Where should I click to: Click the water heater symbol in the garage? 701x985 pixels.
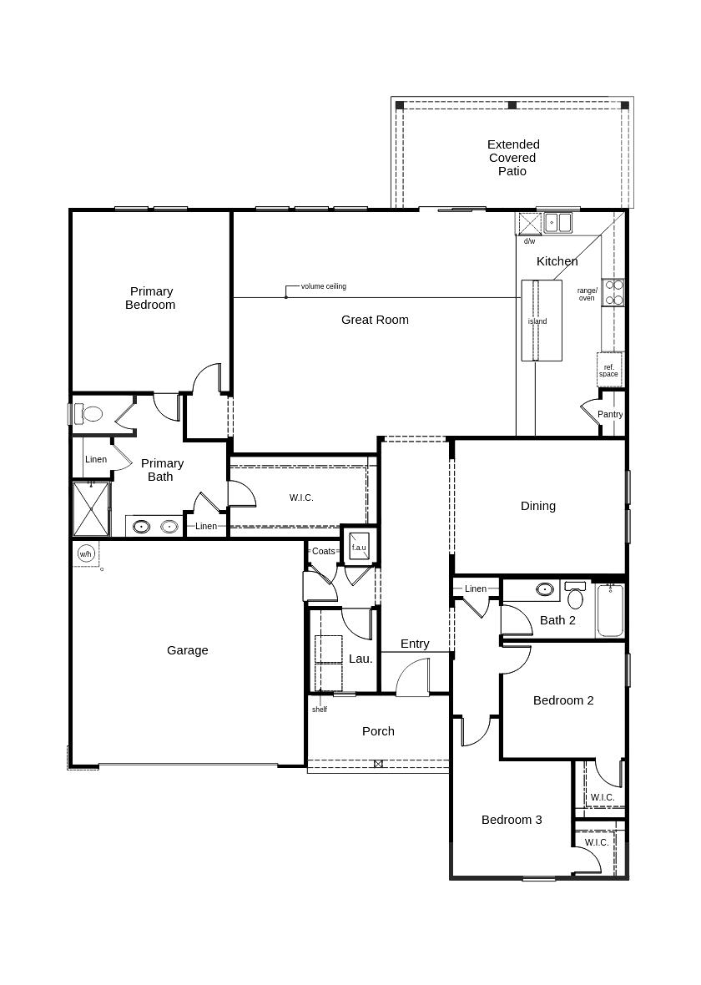tap(86, 553)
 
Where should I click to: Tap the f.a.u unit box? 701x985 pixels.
tap(360, 544)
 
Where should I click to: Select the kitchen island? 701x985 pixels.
tap(542, 321)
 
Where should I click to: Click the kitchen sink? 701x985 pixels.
tap(557, 222)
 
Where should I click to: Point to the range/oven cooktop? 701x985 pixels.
tap(613, 292)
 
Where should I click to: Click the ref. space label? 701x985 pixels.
tap(608, 371)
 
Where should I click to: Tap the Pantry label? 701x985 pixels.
tap(610, 414)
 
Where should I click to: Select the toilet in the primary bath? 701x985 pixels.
tap(88, 414)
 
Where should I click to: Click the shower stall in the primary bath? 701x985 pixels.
tap(91, 509)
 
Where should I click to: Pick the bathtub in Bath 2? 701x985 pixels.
tap(610, 610)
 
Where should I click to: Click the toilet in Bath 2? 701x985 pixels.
tap(575, 594)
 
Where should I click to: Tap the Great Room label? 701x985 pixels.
tap(375, 320)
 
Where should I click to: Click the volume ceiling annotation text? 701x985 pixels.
tap(324, 286)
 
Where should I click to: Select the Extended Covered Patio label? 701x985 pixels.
tap(513, 158)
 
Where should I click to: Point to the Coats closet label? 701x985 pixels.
tap(324, 551)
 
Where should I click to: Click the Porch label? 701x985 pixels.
tap(378, 731)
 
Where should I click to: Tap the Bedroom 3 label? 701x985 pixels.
tap(512, 820)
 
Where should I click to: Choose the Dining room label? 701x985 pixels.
tap(538, 506)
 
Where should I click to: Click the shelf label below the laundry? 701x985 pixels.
tap(320, 710)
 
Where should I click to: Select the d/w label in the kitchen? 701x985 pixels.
tap(530, 241)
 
